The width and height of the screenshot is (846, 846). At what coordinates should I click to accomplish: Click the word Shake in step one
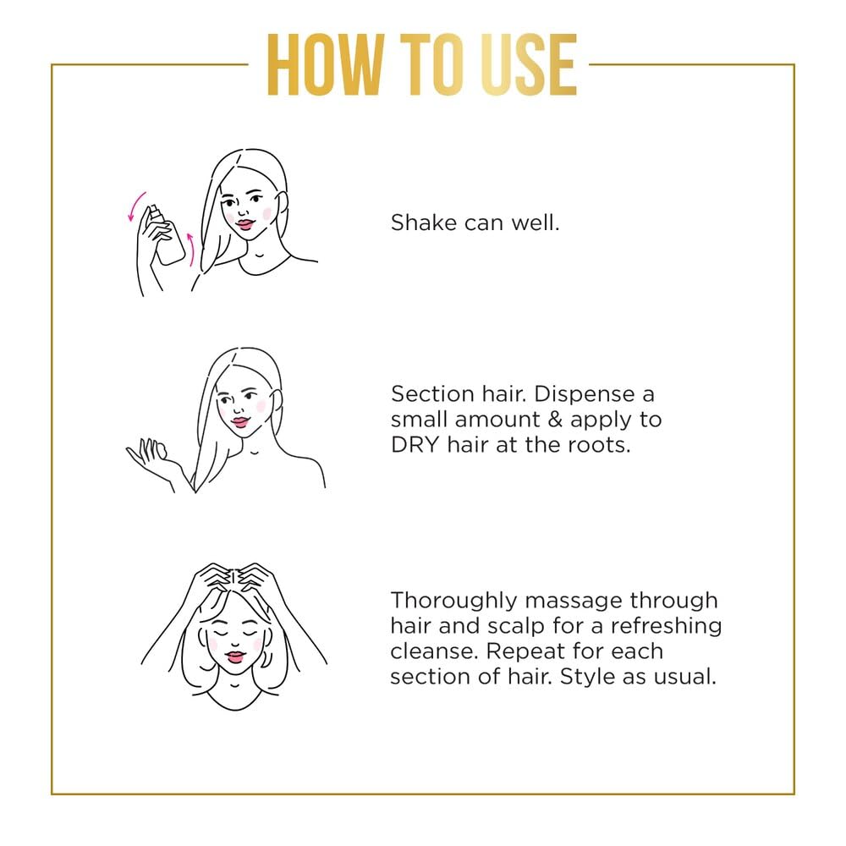pos(424,222)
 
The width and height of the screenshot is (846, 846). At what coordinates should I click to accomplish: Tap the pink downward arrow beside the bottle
pos(136,206)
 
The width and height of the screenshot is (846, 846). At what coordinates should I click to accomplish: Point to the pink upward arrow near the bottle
pos(190,250)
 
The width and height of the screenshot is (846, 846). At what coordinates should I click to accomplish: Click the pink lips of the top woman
pos(245,224)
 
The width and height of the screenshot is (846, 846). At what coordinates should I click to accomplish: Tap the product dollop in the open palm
pos(161,449)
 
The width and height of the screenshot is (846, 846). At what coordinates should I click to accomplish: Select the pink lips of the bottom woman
pos(235,657)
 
